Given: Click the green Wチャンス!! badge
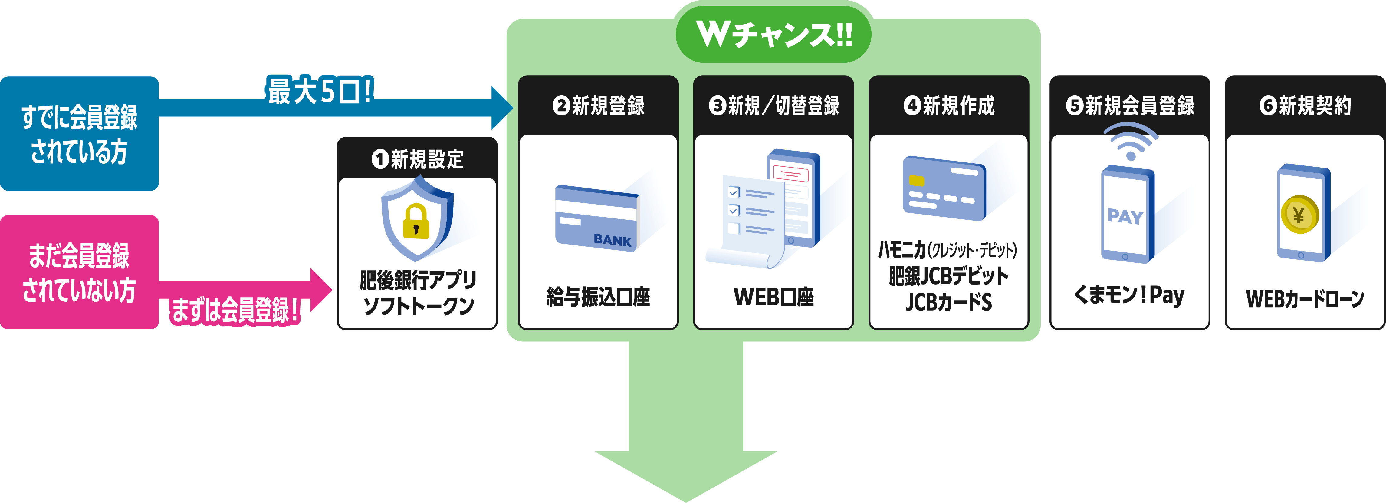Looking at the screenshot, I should point(773,35).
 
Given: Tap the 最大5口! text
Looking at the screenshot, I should point(320,91).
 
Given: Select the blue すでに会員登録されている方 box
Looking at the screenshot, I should point(79,134).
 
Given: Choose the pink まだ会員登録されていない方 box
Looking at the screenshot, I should point(79,272).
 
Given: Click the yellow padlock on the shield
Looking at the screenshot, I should point(416,221).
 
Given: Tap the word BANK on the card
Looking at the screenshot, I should point(612,240).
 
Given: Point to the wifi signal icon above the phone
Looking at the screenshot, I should point(1130,141).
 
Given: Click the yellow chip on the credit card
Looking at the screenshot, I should point(916,180).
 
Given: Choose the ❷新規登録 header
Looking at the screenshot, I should point(598,105).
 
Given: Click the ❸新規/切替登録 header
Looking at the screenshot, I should point(774,105).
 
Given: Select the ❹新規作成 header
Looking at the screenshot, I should point(949,105).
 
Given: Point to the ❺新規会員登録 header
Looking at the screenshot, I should point(1130,105).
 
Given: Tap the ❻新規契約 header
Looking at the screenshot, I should point(1305,105).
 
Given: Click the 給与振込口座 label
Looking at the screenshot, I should point(598,297).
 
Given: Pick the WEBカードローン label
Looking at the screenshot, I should point(1305,298).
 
